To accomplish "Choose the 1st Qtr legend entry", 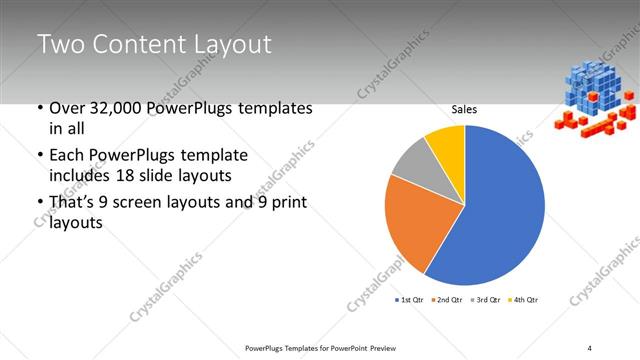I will pos(411,300).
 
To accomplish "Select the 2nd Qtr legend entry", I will pos(448,300).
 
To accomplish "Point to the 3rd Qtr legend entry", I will pos(486,300).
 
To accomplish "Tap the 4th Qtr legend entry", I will pos(523,300).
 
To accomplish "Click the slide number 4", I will pos(590,347).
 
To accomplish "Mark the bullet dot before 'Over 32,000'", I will pos(39,108).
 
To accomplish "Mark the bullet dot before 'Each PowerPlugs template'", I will pos(39,156).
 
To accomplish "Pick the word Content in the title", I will pos(140,45).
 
